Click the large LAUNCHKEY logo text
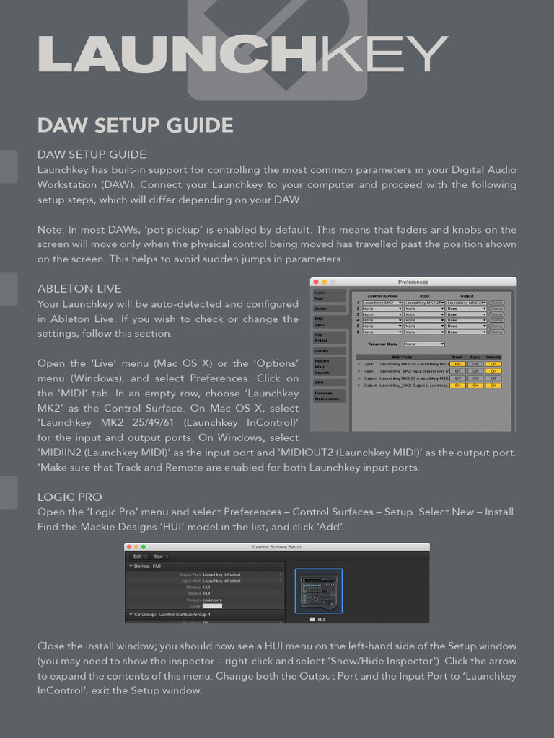(x=242, y=55)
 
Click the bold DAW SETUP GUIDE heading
(x=135, y=125)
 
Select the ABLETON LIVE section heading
(x=79, y=288)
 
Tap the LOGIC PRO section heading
(x=69, y=497)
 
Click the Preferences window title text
(x=413, y=282)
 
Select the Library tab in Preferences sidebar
(x=322, y=350)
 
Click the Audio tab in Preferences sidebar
(x=321, y=308)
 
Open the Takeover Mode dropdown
(x=424, y=344)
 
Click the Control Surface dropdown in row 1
(x=382, y=303)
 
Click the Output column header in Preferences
(x=467, y=295)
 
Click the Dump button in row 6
(x=497, y=332)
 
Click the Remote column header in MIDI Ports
(x=493, y=357)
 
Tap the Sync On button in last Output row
(x=475, y=386)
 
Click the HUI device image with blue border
(x=318, y=591)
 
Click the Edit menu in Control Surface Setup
(x=138, y=556)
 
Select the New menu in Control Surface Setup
(x=159, y=556)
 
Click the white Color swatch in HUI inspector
(x=212, y=606)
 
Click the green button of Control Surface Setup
(x=143, y=547)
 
